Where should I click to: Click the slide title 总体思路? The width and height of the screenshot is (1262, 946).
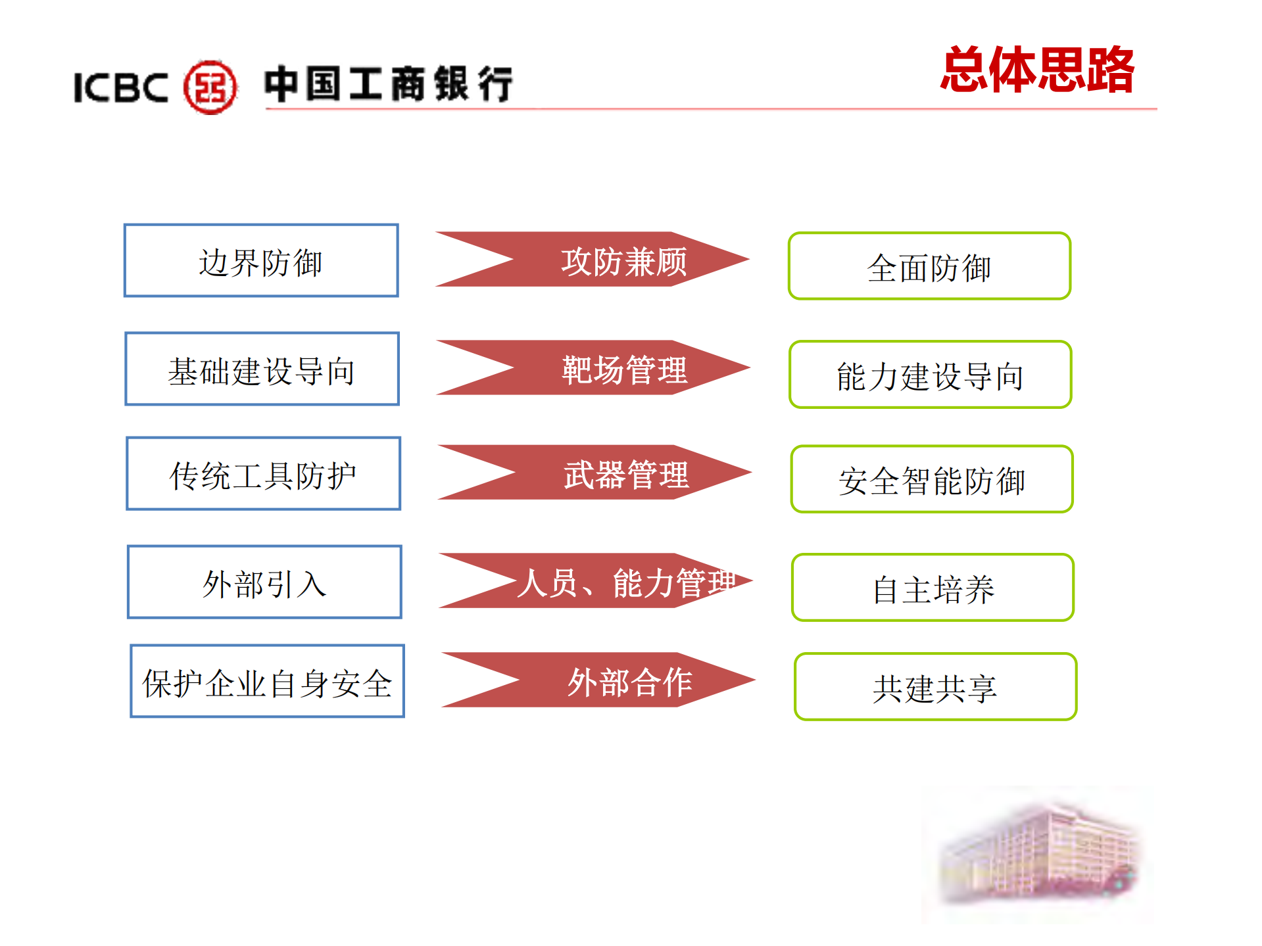[x=1037, y=70]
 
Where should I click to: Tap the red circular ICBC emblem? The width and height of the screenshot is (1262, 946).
[x=210, y=87]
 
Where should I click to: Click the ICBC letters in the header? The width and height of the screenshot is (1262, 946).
[x=121, y=87]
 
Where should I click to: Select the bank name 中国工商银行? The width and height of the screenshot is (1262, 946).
[x=388, y=84]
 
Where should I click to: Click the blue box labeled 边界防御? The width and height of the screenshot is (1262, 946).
[x=261, y=261]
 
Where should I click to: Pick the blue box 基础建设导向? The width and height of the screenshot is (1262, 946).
[x=262, y=369]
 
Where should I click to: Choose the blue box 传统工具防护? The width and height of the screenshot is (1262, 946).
[x=263, y=473]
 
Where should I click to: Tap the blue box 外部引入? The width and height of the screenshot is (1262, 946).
[x=264, y=582]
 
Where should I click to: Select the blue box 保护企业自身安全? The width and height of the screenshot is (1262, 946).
[x=267, y=681]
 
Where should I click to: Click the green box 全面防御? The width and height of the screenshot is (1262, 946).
[x=929, y=266]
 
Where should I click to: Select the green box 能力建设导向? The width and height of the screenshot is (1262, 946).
[x=931, y=375]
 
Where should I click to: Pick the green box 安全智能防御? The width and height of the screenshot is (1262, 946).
[x=932, y=479]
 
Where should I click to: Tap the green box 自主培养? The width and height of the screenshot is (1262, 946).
[x=933, y=588]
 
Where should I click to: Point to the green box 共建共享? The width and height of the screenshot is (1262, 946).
[x=935, y=687]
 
